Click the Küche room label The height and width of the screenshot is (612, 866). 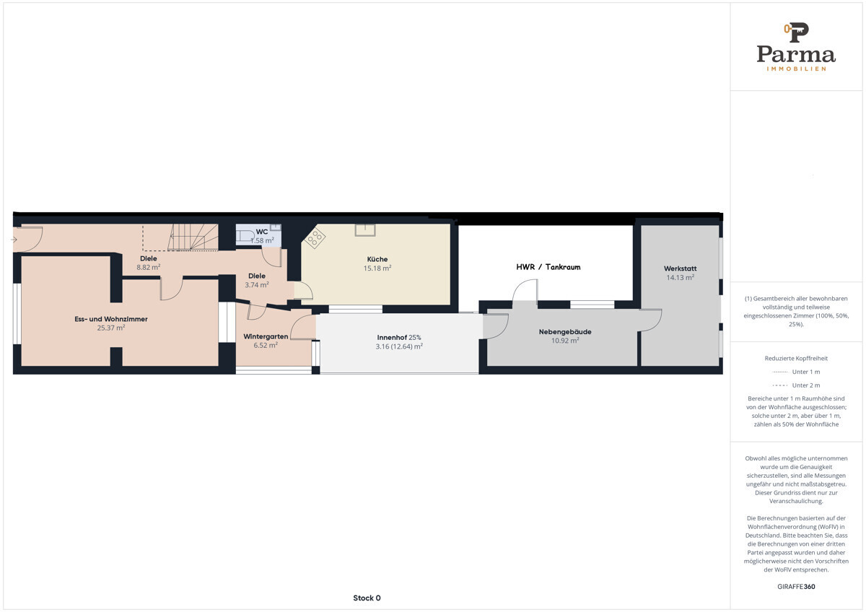377,259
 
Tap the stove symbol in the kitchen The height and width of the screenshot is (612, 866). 315,237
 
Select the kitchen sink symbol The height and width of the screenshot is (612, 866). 365,230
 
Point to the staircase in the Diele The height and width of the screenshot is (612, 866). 193,237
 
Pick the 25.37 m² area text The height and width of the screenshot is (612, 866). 111,328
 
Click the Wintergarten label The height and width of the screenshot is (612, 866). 266,336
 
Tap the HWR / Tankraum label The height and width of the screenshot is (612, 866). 548,267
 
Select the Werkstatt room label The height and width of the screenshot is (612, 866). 680,268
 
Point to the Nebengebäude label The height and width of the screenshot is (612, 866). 565,332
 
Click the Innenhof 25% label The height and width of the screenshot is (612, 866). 399,338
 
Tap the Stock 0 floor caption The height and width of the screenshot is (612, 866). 367,598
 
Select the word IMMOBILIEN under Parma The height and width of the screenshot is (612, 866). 797,69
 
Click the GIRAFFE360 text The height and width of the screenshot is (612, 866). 796,587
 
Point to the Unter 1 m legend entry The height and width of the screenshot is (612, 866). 796,372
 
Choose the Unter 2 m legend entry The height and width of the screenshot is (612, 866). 796,385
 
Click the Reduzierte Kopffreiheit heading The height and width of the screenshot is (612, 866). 796,359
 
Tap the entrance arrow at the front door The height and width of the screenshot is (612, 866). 14,240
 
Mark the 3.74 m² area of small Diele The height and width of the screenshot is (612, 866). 257,285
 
